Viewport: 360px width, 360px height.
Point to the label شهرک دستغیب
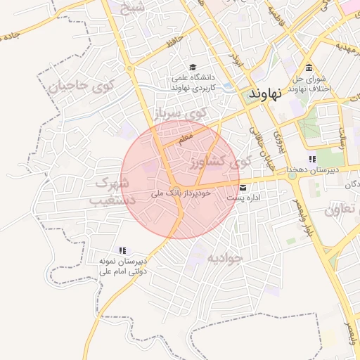(111, 191)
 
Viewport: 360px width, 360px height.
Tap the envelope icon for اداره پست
(243, 188)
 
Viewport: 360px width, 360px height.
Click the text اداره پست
(243, 198)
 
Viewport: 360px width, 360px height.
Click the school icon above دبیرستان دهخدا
(312, 160)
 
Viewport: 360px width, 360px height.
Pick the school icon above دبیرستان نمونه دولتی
(122, 250)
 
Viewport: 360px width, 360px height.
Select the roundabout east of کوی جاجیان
(129, 68)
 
